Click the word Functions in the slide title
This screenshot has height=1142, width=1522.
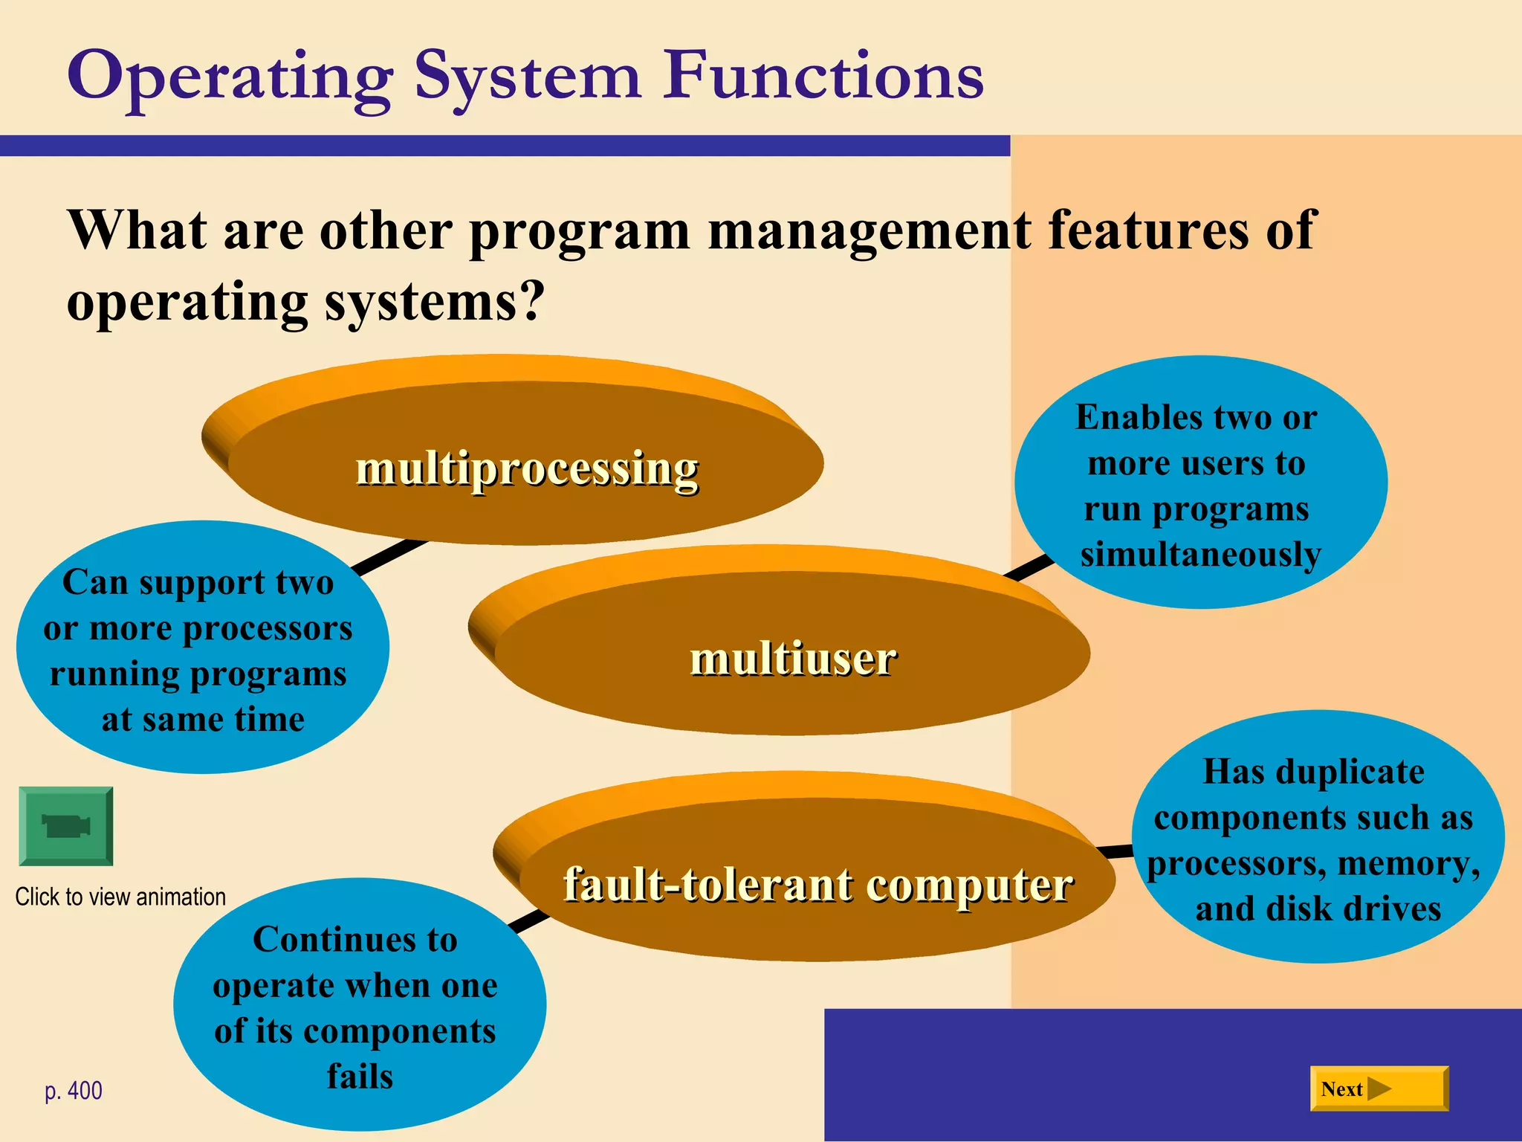[x=823, y=76]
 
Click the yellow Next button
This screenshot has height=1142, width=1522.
[x=1379, y=1088]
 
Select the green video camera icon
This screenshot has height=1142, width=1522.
[x=66, y=826]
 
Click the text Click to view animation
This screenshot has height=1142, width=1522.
[x=120, y=897]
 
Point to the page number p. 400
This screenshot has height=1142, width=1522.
[x=74, y=1091]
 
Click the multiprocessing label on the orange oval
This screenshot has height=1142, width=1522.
[x=527, y=468]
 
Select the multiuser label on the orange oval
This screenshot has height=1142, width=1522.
[x=793, y=659]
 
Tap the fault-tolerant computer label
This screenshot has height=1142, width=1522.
[x=817, y=885]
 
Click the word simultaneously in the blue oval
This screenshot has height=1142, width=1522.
[x=1200, y=555]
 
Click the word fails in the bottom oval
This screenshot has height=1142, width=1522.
[x=360, y=1077]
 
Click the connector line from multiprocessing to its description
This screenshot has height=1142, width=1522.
[x=388, y=558]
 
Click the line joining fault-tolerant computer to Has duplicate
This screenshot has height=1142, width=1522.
[x=1115, y=851]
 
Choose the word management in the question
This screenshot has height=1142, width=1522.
[x=869, y=230]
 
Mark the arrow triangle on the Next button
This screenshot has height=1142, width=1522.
[x=1379, y=1088]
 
